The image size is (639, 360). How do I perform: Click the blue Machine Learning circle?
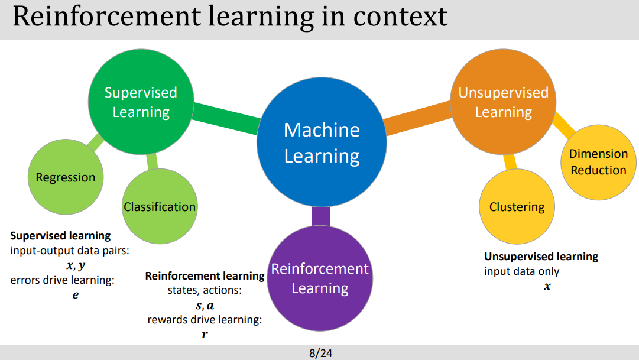[x=322, y=142]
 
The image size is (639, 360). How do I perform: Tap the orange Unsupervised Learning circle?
[x=503, y=102]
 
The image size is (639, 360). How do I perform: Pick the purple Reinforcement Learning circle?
[x=320, y=278]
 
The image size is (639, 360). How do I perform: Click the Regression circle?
[x=65, y=177]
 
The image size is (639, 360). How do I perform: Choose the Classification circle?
[x=160, y=207]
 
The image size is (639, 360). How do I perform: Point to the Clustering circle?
[x=517, y=207]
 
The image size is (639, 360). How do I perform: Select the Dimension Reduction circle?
[x=598, y=162]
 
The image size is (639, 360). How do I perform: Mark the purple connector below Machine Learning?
[x=320, y=216]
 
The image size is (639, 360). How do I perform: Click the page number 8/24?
[x=321, y=353]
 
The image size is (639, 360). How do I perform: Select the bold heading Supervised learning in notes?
[x=60, y=236]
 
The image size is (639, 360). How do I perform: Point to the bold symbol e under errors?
[x=75, y=294]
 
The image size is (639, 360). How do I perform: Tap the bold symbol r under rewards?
[x=205, y=335]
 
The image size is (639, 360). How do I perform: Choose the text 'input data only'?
[x=521, y=271]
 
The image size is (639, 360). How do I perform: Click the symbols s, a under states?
[x=205, y=306]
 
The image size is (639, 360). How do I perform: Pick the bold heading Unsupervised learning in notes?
[x=541, y=257]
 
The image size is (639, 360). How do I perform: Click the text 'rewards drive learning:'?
[x=205, y=320]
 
